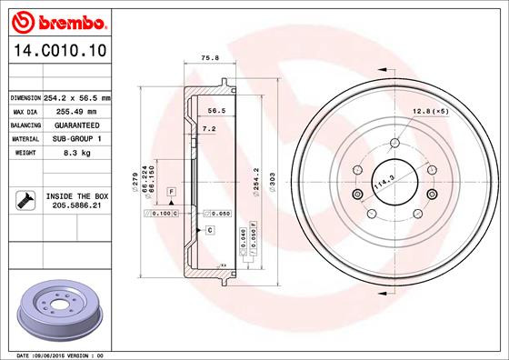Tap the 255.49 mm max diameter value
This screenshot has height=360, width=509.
pyautogui.click(x=75, y=110)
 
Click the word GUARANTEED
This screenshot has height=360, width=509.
pyautogui.click(x=77, y=125)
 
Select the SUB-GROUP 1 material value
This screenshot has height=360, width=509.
pyautogui.click(x=77, y=138)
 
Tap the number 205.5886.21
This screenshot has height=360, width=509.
pyautogui.click(x=75, y=205)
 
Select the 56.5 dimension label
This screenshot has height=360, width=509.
pyautogui.click(x=215, y=110)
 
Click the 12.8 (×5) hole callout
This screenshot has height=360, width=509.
pyautogui.click(x=429, y=110)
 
